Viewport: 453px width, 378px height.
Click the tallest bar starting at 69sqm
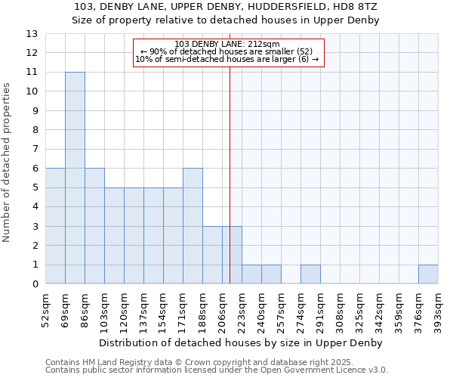[x=75, y=178]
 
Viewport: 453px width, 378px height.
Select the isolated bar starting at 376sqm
[x=428, y=274]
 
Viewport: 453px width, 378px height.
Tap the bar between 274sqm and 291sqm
[x=310, y=274]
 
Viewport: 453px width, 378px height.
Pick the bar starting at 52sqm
[x=55, y=226]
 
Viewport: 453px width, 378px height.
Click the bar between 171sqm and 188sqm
[x=193, y=226]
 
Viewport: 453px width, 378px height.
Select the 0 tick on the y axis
[x=34, y=284]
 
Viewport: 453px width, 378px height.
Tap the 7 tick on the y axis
[x=34, y=150]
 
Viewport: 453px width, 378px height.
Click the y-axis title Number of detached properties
[x=7, y=163]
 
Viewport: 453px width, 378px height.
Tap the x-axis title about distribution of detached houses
[x=241, y=342]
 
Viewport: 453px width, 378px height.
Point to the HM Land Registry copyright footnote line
[x=205, y=362]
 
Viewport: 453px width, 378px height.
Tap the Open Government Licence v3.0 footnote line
[x=217, y=370]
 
